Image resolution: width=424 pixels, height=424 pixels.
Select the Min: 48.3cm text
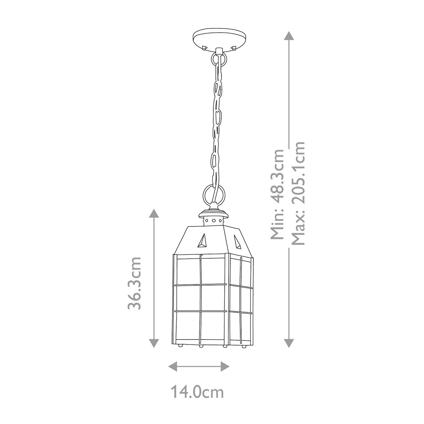coord(276,194)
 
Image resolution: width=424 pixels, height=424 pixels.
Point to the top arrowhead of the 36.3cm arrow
coord(153,213)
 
